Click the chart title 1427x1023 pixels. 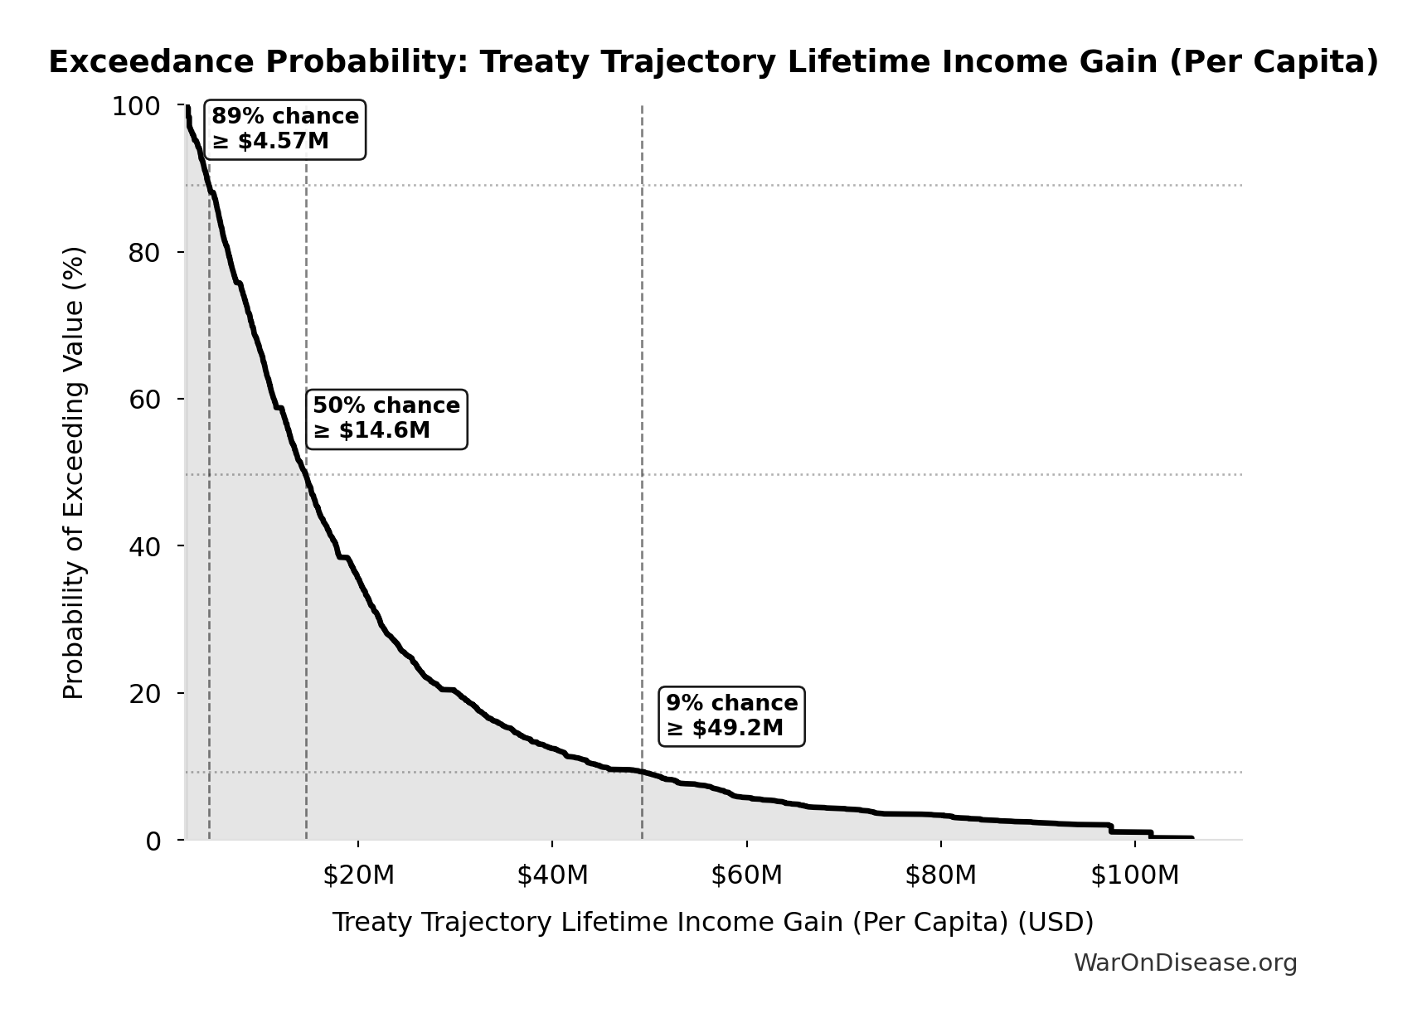click(713, 62)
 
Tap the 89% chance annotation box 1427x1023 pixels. click(285, 128)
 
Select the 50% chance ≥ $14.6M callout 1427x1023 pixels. click(386, 419)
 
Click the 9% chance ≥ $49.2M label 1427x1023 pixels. click(731, 715)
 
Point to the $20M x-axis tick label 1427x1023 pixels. click(358, 875)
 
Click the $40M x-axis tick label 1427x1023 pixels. click(552, 875)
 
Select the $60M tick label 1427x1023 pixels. click(746, 875)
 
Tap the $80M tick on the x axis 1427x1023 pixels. click(940, 875)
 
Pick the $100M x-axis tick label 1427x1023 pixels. click(1134, 875)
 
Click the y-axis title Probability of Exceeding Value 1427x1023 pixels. click(74, 473)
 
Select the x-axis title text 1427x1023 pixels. click(713, 922)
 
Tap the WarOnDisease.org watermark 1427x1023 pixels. click(1185, 962)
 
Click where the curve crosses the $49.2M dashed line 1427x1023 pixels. click(642, 772)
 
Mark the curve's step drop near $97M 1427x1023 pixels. click(1111, 828)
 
